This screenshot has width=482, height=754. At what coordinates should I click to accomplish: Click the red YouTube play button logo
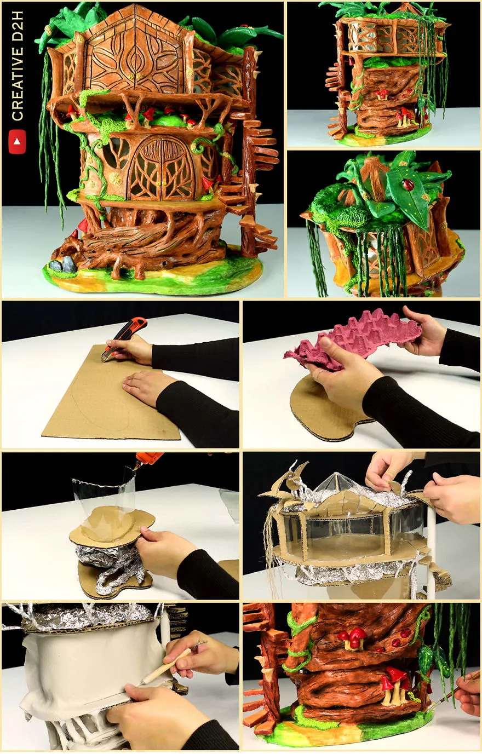point(17,141)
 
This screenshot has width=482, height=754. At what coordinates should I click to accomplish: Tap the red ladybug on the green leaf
point(408,184)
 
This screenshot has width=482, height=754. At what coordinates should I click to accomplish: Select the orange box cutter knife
point(126,338)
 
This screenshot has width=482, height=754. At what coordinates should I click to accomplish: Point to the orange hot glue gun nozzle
point(145,460)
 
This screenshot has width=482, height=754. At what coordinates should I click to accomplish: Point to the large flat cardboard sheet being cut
point(111,394)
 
